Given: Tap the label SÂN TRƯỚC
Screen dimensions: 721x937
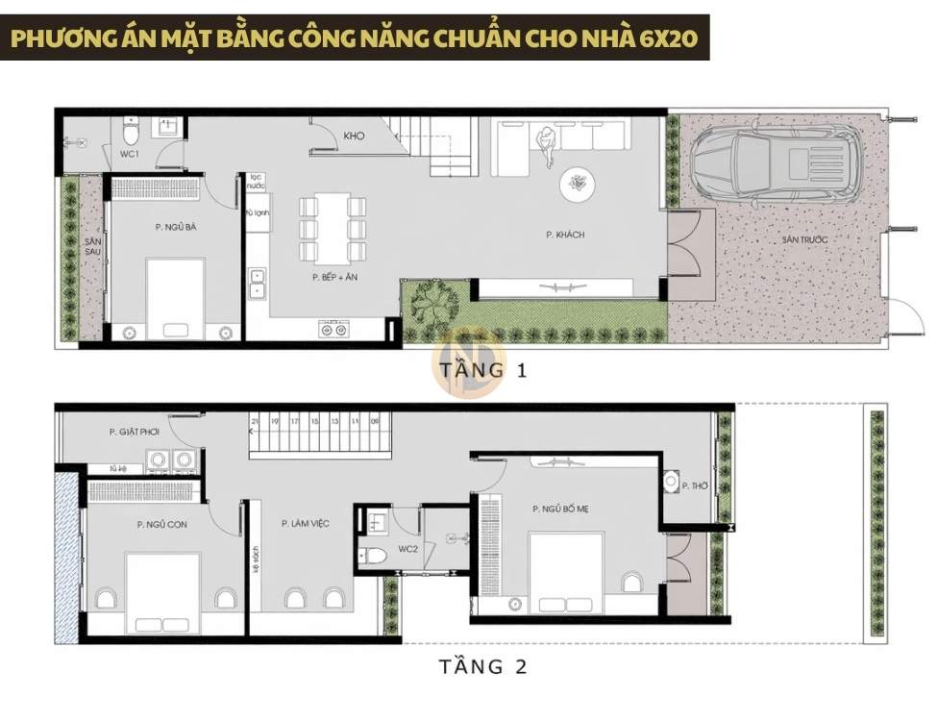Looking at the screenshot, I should pyautogui.click(x=803, y=238).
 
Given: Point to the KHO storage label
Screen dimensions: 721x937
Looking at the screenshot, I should pyautogui.click(x=354, y=137).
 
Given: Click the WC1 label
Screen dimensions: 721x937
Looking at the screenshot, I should pyautogui.click(x=130, y=154).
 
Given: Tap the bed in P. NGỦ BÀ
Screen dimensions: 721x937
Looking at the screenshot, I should pyautogui.click(x=175, y=298).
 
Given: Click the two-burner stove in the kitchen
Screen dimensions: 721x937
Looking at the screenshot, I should pyautogui.click(x=333, y=330).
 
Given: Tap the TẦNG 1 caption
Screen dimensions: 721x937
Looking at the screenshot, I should pyautogui.click(x=482, y=370).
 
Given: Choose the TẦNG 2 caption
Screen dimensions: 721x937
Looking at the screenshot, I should pyautogui.click(x=482, y=666).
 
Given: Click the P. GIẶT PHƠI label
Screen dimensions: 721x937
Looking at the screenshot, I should pyautogui.click(x=134, y=433).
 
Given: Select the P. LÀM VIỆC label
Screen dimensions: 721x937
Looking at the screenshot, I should pyautogui.click(x=306, y=523).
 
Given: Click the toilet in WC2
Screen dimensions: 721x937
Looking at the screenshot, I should pyautogui.click(x=372, y=555).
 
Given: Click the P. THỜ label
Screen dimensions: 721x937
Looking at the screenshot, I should pyautogui.click(x=694, y=487).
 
